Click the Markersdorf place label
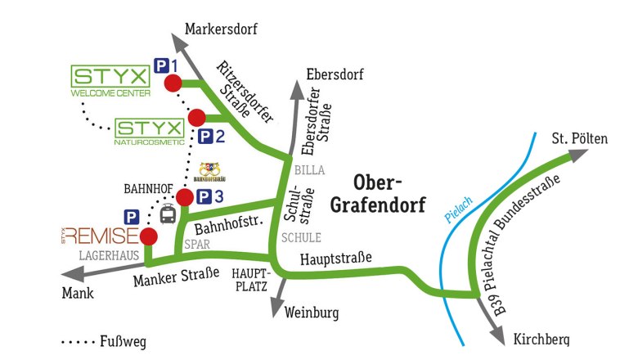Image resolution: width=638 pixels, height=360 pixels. click(221, 29)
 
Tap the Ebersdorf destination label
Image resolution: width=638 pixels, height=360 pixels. click(335, 75)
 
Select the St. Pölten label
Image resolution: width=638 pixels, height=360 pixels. click(580, 138)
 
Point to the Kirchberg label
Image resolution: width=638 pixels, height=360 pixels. click(541, 340)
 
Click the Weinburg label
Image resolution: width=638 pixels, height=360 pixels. click(312, 312)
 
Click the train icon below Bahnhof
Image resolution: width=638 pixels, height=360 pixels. click(168, 215)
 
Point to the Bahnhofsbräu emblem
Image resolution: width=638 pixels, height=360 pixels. click(212, 172)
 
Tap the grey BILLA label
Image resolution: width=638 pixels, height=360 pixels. click(311, 171)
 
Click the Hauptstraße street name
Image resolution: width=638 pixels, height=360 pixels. click(335, 259)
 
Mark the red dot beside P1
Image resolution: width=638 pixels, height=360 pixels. click(173, 83)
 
